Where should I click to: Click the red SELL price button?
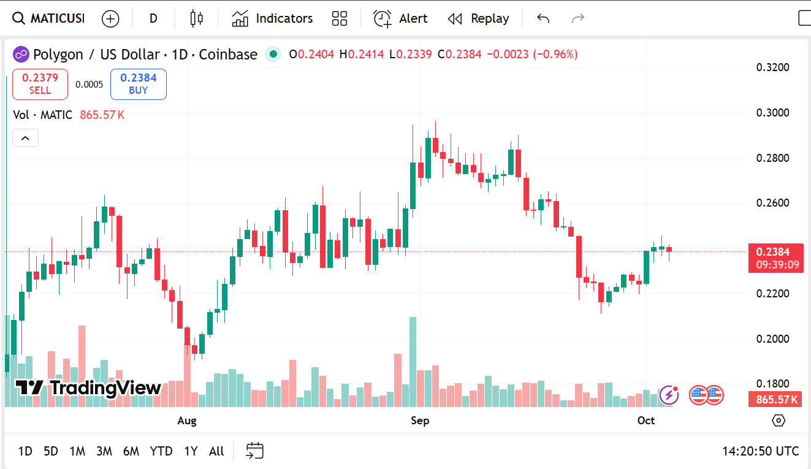coord(40,84)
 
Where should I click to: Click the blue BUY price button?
coord(138,84)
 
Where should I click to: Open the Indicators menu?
coord(272,18)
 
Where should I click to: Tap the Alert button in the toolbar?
coord(400,18)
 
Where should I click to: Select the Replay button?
coord(478,18)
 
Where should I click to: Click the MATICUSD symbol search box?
coord(49,18)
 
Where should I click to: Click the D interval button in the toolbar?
coord(153,18)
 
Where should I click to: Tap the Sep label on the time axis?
coord(420,421)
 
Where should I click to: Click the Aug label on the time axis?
coord(187,421)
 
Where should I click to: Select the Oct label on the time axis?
coord(646,421)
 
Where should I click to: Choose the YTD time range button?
coord(161,451)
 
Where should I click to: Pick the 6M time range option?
coord(131,451)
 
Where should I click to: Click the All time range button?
coord(216,451)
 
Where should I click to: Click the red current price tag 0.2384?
coord(775,252)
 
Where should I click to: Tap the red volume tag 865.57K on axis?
coord(775,400)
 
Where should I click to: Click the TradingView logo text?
coord(89,387)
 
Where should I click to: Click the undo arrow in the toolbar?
coord(543,18)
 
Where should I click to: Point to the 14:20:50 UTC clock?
coord(760,451)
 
